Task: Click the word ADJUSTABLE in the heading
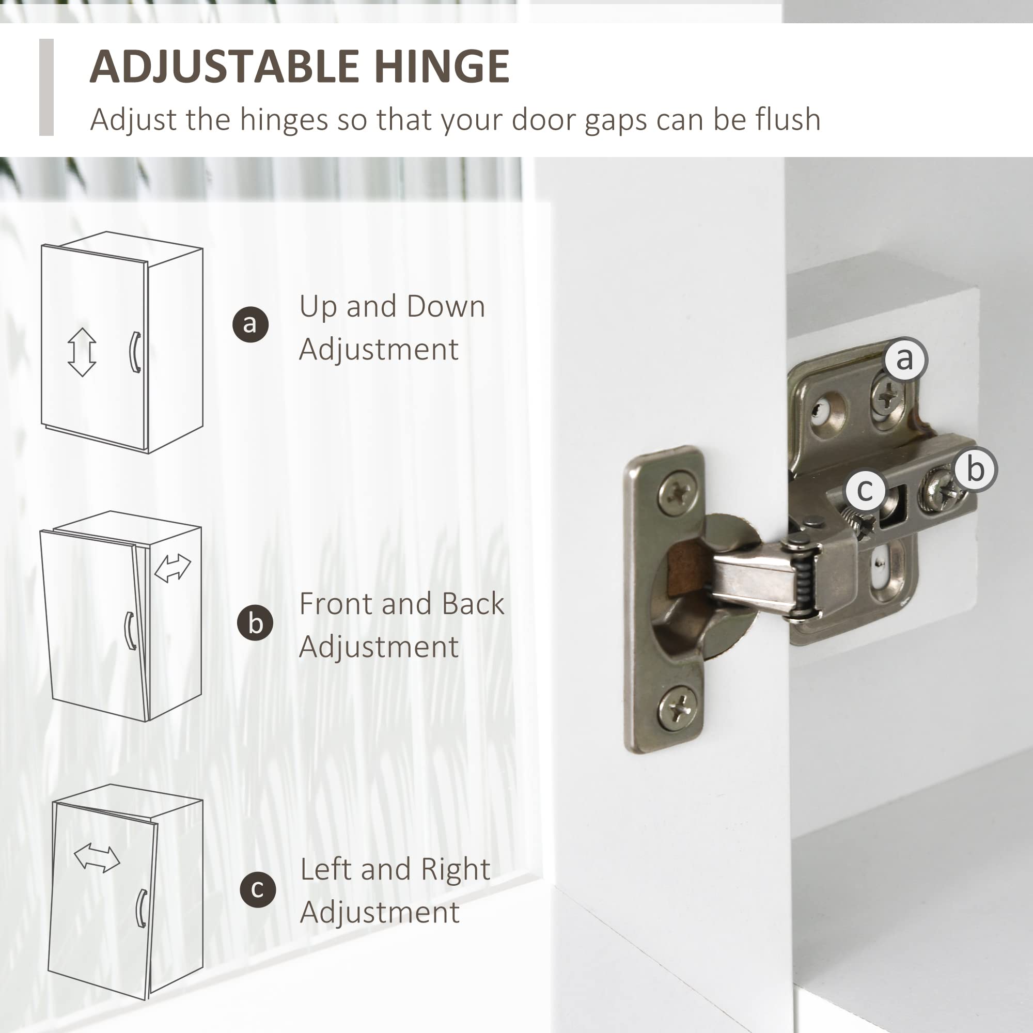click(x=225, y=66)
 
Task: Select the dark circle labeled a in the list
click(x=250, y=324)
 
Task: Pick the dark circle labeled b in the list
click(x=255, y=622)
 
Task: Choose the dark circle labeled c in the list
click(x=258, y=890)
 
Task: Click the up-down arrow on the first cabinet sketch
click(x=82, y=352)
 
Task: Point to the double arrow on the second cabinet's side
click(x=172, y=568)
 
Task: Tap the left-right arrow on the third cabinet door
click(x=97, y=857)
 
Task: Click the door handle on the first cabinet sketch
click(x=135, y=352)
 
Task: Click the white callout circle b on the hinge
click(x=975, y=469)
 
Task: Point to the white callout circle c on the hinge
click(x=865, y=490)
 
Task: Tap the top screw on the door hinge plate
click(x=678, y=492)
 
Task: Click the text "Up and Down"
click(x=392, y=307)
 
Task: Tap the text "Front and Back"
click(x=401, y=604)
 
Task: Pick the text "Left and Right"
click(x=395, y=869)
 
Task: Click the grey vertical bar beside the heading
click(x=46, y=87)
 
